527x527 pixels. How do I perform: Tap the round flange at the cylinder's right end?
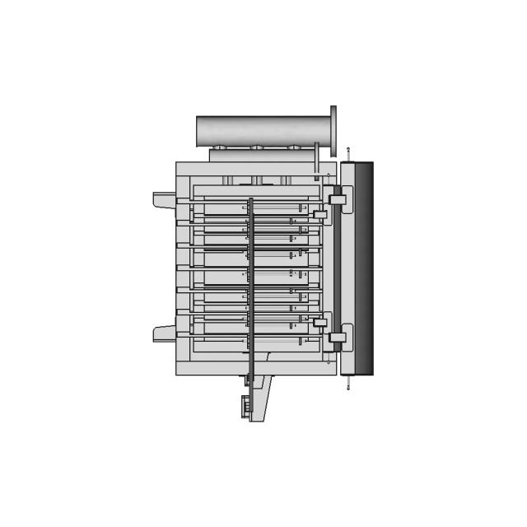click(x=334, y=131)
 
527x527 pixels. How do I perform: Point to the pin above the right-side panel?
click(x=348, y=154)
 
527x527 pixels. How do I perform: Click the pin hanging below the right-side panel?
click(x=348, y=382)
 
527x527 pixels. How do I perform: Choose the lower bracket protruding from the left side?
click(x=163, y=333)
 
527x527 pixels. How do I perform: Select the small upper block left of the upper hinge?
click(x=319, y=215)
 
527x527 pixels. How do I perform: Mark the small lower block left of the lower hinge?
click(x=319, y=321)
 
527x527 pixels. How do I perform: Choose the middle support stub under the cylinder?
click(x=257, y=180)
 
